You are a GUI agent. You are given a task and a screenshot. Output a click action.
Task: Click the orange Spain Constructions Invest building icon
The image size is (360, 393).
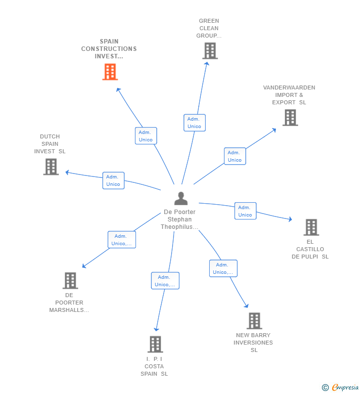[110, 72]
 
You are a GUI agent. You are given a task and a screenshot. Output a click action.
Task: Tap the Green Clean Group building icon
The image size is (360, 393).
[210, 51]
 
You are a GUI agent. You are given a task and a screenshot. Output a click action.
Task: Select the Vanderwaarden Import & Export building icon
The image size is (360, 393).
[290, 118]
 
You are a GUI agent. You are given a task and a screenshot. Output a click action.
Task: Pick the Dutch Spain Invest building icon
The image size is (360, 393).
[51, 167]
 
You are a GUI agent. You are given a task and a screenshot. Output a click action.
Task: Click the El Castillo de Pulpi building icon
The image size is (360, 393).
[311, 227]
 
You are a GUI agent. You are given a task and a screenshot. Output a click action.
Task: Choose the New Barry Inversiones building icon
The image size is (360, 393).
[254, 321]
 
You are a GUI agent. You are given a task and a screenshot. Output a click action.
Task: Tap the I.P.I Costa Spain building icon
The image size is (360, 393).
[155, 344]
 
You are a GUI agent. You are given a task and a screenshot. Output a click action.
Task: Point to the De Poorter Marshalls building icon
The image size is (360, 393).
[70, 281]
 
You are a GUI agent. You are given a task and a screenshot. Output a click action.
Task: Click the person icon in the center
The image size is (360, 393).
[181, 198]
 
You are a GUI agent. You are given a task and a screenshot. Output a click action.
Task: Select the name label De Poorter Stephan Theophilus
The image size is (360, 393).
[180, 219]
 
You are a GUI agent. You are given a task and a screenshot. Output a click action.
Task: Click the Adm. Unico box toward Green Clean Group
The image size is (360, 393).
[194, 123]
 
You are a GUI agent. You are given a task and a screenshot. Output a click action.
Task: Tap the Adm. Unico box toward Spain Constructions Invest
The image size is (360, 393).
[146, 136]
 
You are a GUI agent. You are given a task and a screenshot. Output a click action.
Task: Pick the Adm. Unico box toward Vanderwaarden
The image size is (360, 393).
[235, 156]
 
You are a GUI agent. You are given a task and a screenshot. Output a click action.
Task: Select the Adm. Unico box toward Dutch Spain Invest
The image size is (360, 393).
[113, 180]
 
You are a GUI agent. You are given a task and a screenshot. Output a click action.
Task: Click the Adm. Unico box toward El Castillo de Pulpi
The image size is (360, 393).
[245, 211]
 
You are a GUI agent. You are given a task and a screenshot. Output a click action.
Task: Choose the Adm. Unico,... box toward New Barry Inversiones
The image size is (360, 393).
[223, 268]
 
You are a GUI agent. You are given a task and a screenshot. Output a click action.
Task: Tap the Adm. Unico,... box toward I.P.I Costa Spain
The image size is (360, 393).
[165, 281]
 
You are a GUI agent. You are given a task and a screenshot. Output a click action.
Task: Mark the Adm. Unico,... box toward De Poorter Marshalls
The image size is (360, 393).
[122, 240]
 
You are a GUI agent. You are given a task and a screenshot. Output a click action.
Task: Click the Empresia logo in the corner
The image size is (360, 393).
[341, 388]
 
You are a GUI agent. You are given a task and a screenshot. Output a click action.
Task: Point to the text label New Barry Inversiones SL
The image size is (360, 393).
[253, 343]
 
